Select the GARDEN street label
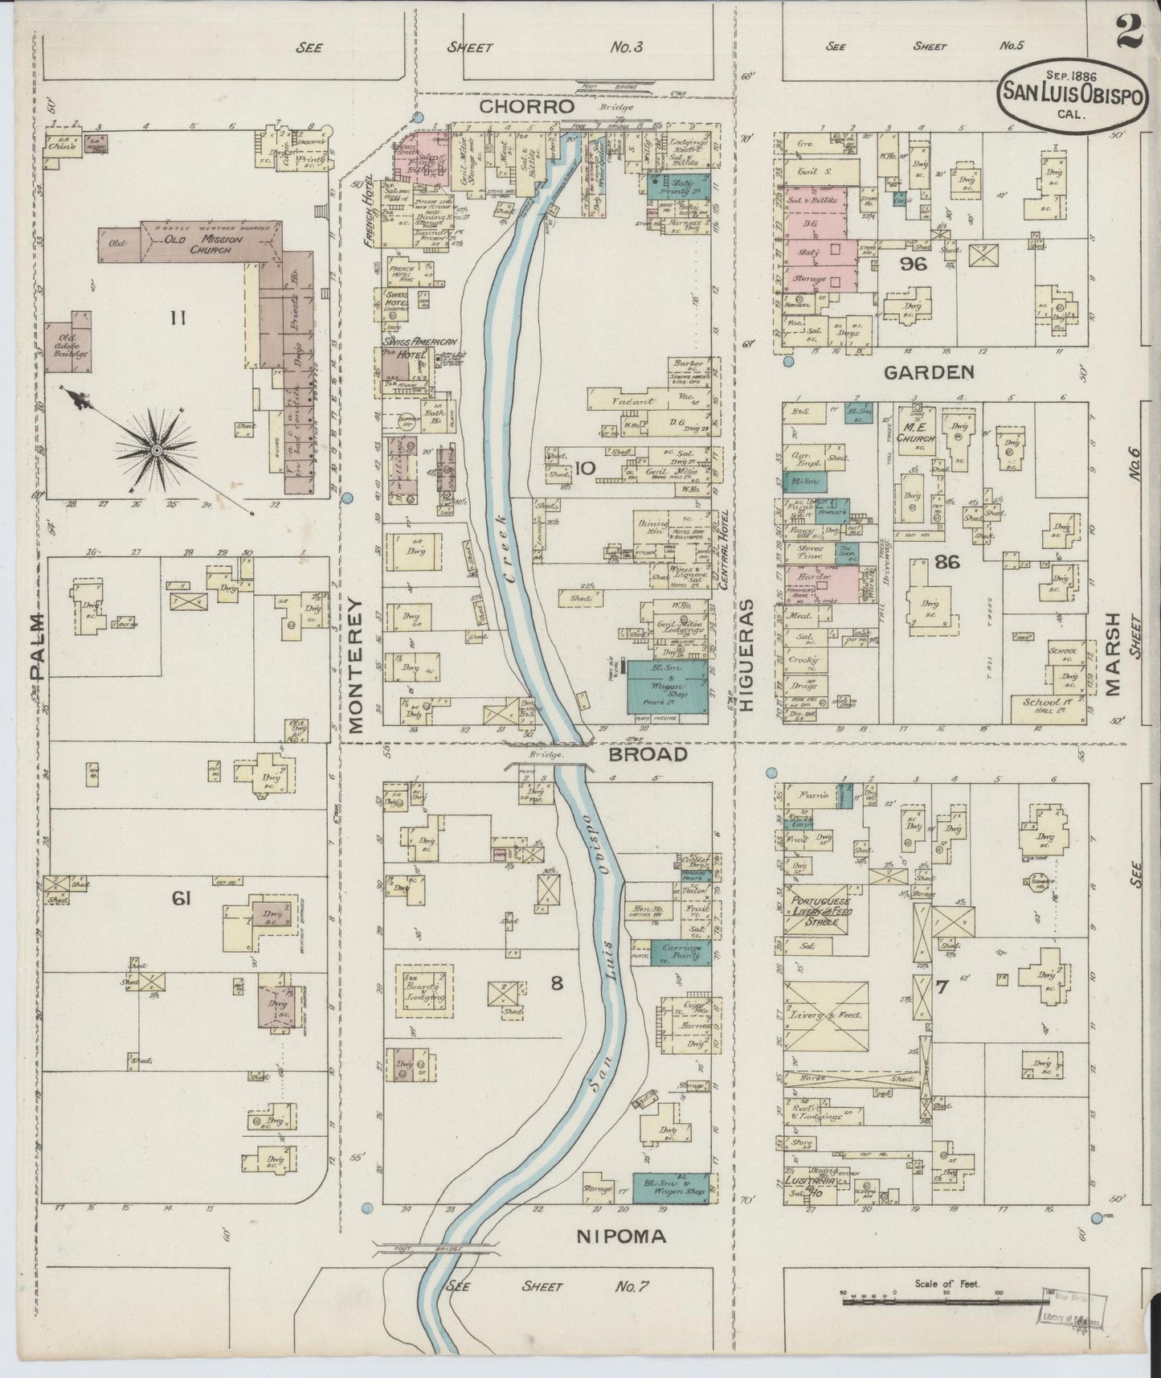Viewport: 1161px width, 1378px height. click(929, 372)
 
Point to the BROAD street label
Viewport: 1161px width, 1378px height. click(648, 755)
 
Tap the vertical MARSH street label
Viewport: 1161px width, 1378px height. click(1113, 653)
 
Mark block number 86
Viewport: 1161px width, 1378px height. click(947, 562)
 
